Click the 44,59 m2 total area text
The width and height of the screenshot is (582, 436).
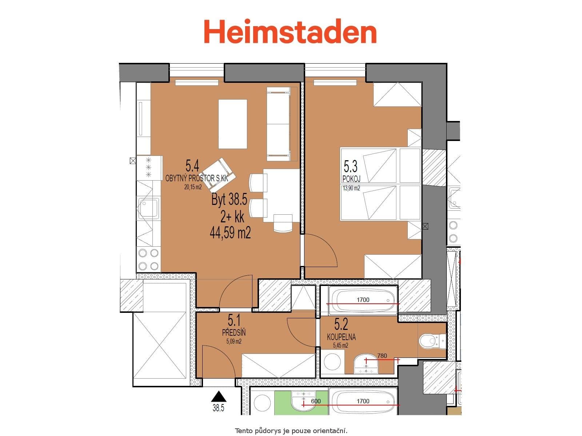tap(230, 232)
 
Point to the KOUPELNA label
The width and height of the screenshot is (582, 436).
tap(341, 337)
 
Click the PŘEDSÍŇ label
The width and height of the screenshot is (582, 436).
tap(234, 332)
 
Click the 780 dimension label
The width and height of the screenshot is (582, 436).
tap(382, 356)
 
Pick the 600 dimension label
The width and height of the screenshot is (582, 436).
tap(316, 401)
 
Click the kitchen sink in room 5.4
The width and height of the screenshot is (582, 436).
tap(148, 208)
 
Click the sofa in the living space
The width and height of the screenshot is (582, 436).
tap(279, 124)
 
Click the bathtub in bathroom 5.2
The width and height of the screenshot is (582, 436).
tap(363, 300)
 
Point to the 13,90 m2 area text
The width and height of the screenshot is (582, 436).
tap(351, 188)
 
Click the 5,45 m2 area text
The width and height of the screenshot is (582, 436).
tap(340, 346)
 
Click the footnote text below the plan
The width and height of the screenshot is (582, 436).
tap(291, 431)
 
